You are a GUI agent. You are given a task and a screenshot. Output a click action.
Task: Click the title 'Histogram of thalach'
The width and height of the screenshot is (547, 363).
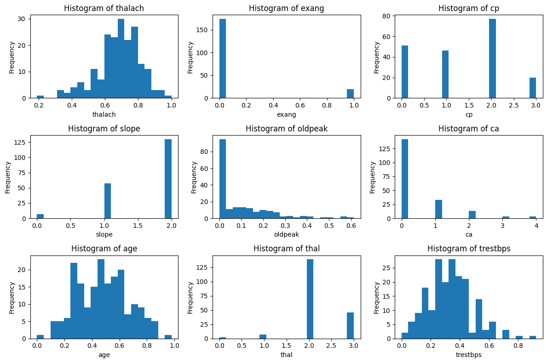[x=104, y=8]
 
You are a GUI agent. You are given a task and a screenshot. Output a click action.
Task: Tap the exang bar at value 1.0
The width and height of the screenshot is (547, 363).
[x=351, y=94]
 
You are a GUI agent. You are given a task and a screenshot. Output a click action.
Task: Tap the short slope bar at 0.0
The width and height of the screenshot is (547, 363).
[x=40, y=216]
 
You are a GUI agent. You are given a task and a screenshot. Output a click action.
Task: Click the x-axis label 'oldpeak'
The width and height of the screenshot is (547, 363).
[x=287, y=234]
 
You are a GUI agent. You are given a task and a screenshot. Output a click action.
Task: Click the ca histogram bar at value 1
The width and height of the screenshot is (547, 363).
[x=438, y=210]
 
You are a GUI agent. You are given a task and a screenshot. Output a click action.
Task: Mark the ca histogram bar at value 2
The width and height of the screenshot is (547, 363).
[x=472, y=215]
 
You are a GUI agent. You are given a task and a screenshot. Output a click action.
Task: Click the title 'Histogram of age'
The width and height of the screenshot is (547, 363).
[x=104, y=249]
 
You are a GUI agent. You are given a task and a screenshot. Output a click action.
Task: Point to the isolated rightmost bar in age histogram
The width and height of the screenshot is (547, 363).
[x=168, y=337]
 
